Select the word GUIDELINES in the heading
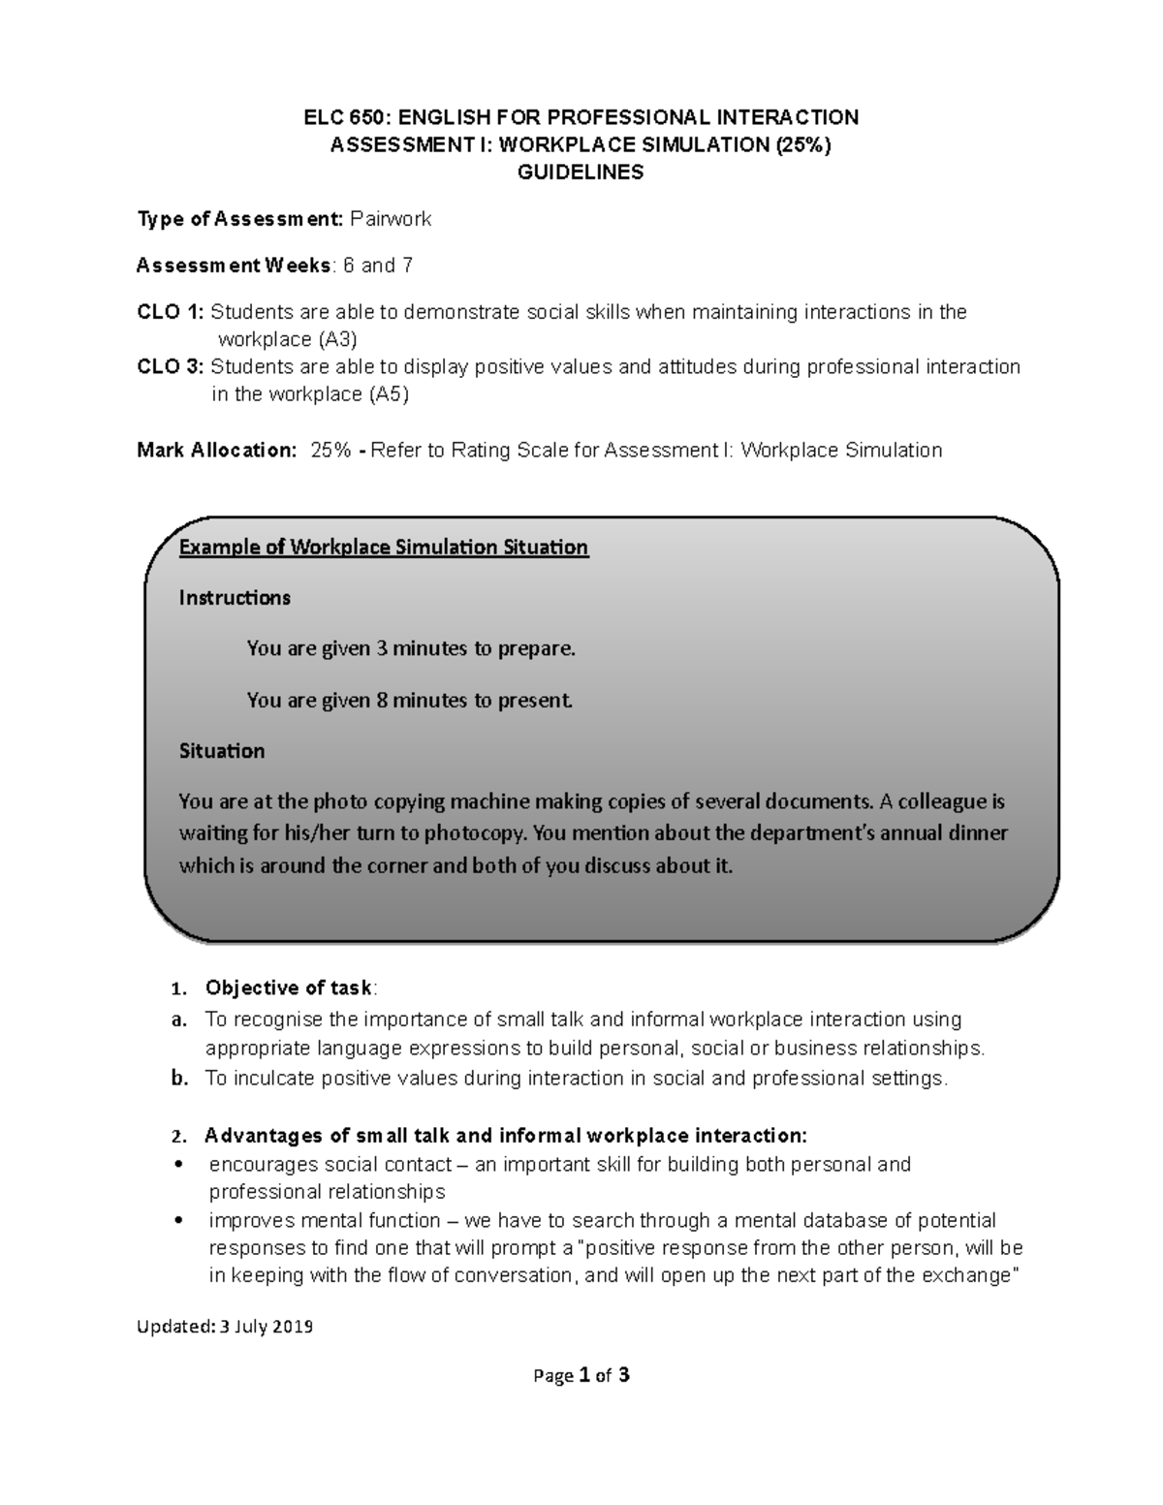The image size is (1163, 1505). (x=581, y=173)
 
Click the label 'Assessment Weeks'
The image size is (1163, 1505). (x=234, y=266)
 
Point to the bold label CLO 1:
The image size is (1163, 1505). (x=171, y=312)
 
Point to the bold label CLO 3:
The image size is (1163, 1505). (x=171, y=367)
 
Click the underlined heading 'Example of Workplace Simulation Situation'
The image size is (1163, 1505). (x=384, y=548)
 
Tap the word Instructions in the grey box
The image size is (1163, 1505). (x=235, y=598)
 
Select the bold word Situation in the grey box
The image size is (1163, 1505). (x=222, y=751)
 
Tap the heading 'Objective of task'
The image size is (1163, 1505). (x=288, y=988)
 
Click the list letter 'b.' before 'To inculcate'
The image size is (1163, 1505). (x=178, y=1079)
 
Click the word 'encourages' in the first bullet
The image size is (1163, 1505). (x=256, y=1165)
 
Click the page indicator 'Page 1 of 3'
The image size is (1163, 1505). (x=581, y=1374)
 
